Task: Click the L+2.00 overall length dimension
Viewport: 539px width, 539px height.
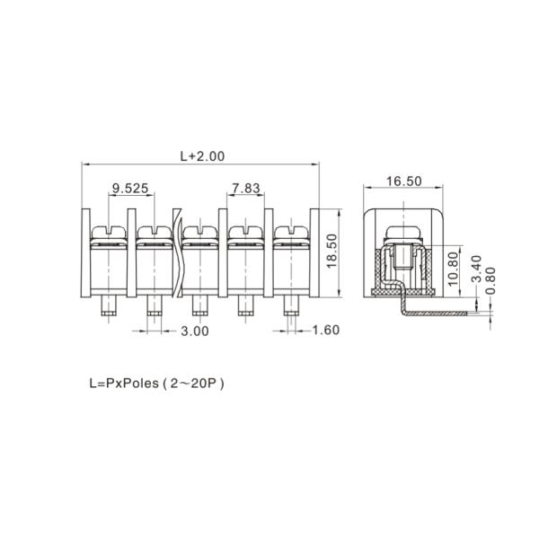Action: (x=202, y=156)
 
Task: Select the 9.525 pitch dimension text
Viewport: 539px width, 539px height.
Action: (x=130, y=188)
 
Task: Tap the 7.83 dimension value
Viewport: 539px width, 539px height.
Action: (x=246, y=188)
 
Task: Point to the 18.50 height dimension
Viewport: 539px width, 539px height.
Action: (x=331, y=251)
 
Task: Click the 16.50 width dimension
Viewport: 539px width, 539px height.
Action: (x=404, y=181)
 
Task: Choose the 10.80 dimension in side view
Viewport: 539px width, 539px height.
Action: (x=453, y=269)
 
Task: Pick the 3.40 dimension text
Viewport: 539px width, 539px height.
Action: (x=476, y=269)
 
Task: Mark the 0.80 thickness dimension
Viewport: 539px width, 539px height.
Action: (x=490, y=281)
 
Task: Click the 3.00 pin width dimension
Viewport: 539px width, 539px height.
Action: (x=195, y=331)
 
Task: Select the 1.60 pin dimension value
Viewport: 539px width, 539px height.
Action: (x=326, y=330)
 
